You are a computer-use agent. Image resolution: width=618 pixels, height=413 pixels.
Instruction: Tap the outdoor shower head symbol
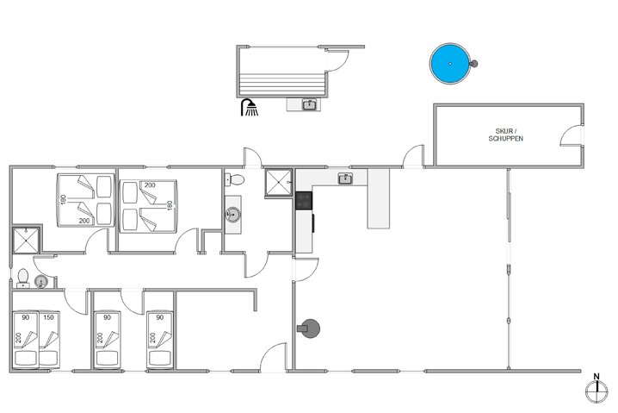pyautogui.click(x=250, y=107)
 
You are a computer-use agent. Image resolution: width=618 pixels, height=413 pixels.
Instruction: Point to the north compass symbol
pyautogui.click(x=595, y=390)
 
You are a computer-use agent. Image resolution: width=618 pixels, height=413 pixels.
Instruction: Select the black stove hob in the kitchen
pyautogui.click(x=304, y=200)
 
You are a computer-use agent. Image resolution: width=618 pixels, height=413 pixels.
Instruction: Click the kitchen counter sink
pyautogui.click(x=345, y=178)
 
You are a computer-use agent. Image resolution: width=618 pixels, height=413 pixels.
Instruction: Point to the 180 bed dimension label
pyautogui.click(x=63, y=201)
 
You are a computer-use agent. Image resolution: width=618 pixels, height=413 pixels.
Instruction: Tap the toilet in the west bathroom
pyautogui.click(x=22, y=278)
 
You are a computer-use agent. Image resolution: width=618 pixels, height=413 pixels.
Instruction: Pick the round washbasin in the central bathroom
pyautogui.click(x=232, y=214)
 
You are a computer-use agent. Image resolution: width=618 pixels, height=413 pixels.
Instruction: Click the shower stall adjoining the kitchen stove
pyautogui.click(x=278, y=183)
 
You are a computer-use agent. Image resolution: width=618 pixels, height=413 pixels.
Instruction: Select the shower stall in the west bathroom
pyautogui.click(x=25, y=241)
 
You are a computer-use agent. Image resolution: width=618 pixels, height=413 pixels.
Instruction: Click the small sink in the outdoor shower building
pyautogui.click(x=310, y=105)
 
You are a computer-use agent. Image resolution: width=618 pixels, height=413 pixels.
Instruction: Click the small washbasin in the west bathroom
pyautogui.click(x=40, y=283)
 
